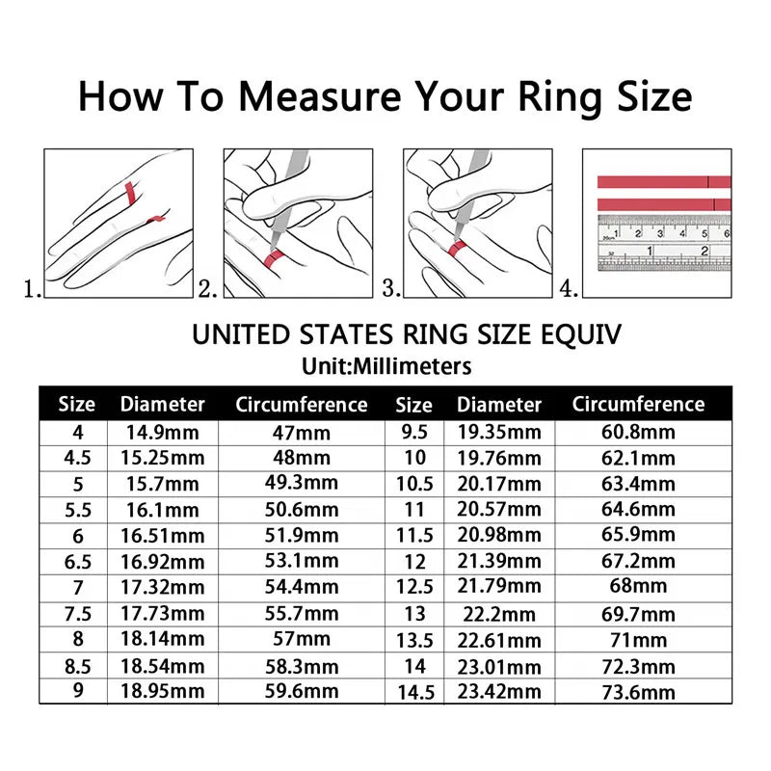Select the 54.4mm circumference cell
point(302,587)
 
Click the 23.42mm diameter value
point(499,691)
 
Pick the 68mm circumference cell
point(638,587)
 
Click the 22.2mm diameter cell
point(499,614)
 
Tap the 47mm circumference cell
point(302,433)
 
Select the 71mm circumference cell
point(638,640)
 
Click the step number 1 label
point(33,288)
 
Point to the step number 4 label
point(570,288)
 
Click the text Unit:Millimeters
point(385,366)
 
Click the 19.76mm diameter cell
point(499,458)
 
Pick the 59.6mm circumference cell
point(302,691)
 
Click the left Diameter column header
point(162,405)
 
